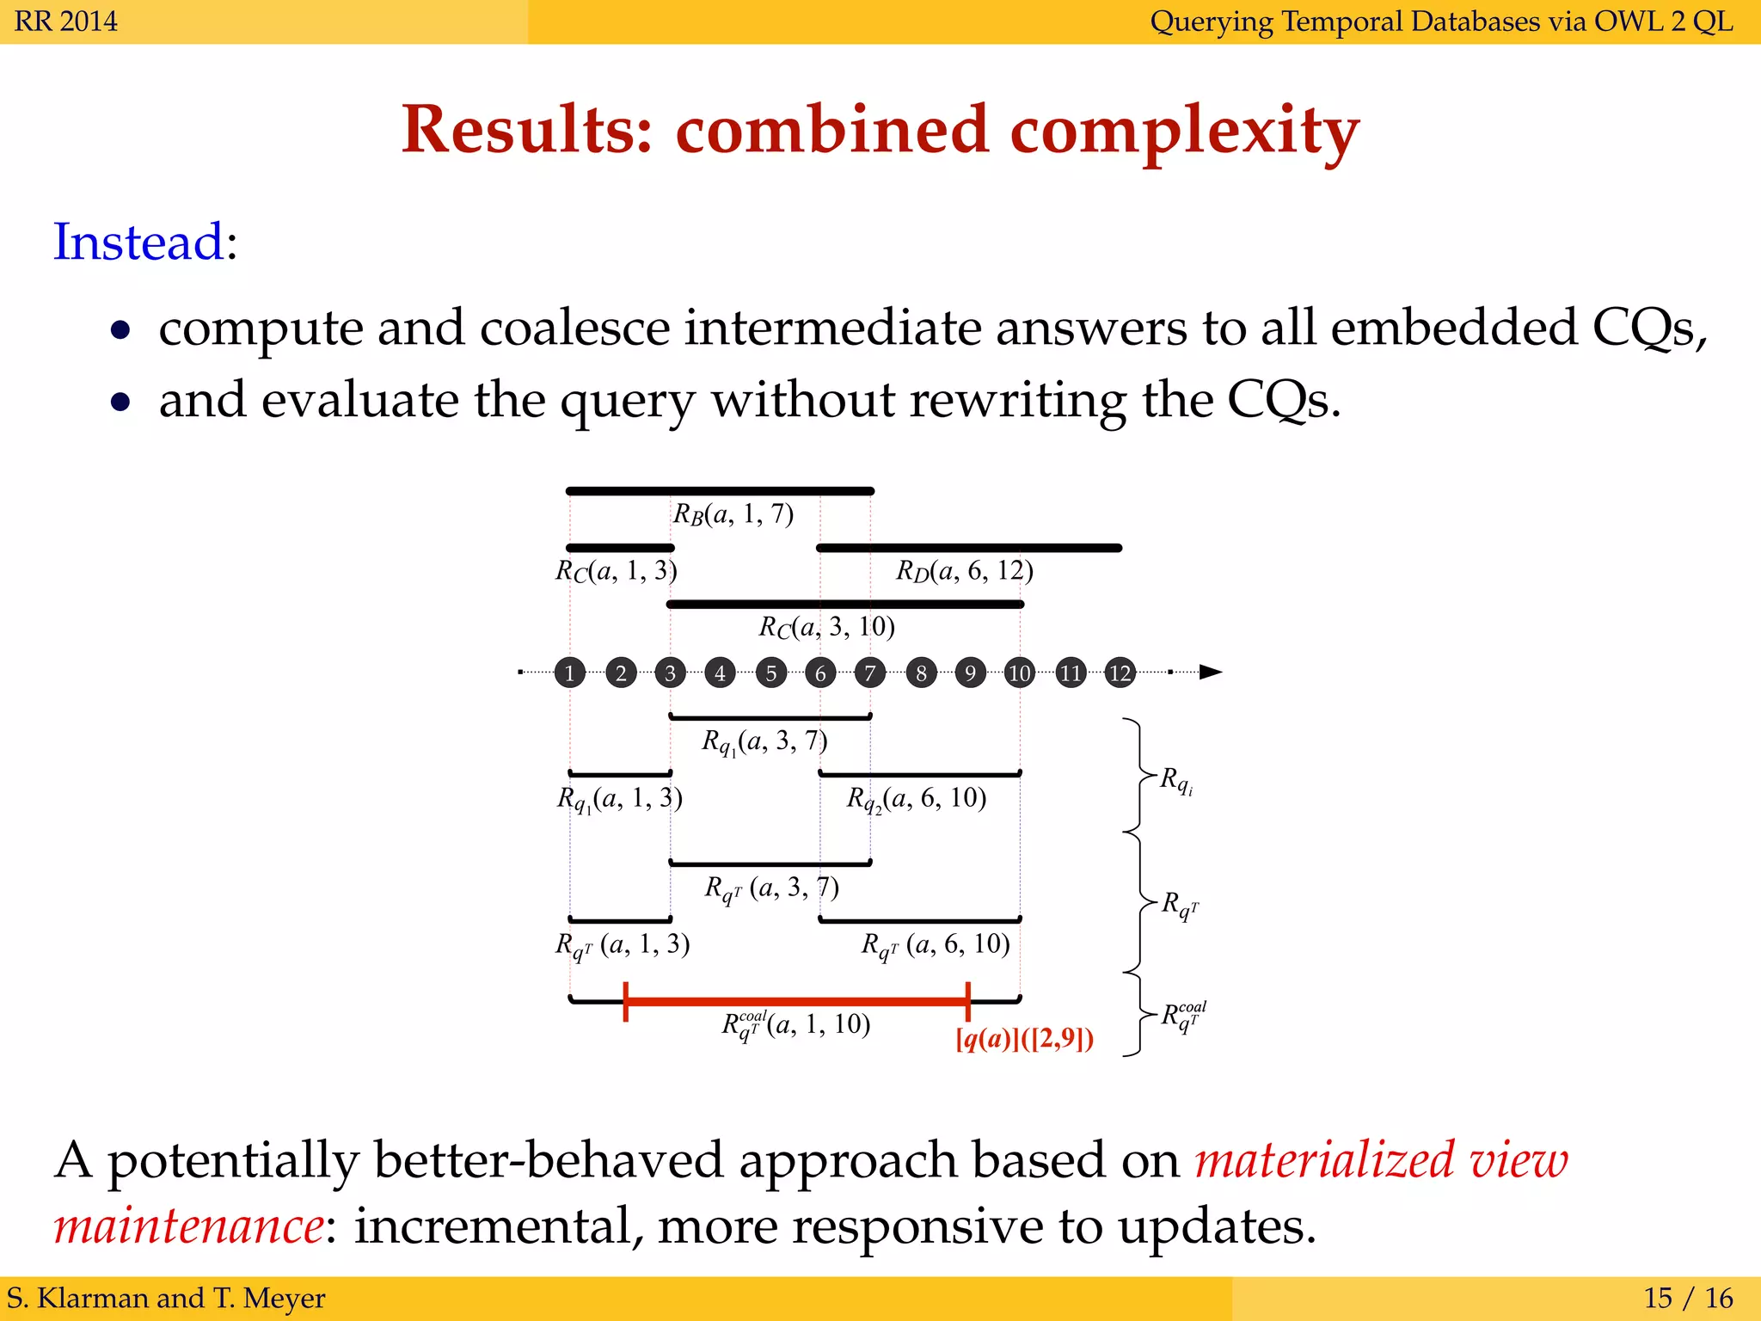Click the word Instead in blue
[138, 242]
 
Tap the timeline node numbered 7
[869, 673]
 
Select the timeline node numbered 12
[1120, 673]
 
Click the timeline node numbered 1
[569, 673]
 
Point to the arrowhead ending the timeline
[1211, 672]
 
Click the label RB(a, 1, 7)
[733, 514]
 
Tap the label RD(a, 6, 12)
[964, 571]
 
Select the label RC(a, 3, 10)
[826, 627]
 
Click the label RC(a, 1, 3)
[616, 571]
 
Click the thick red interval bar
[796, 1001]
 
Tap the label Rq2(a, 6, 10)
[916, 799]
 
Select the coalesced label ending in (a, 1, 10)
[795, 1024]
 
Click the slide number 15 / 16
[1688, 1298]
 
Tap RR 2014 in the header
[66, 21]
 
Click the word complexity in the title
[1184, 130]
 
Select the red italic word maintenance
[188, 1226]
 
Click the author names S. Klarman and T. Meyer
[166, 1298]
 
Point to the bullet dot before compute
[121, 329]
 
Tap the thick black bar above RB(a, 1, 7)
[720, 491]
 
